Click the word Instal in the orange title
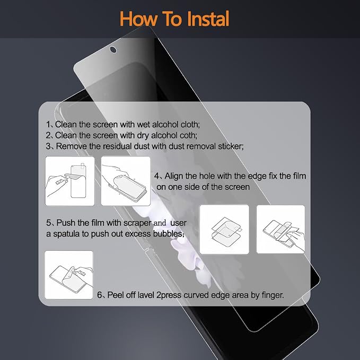[208, 19]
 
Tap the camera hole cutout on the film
[113, 50]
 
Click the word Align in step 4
[174, 176]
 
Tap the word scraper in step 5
[137, 223]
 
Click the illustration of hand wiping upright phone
[70, 181]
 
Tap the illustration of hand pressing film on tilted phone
[126, 181]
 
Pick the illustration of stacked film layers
[224, 230]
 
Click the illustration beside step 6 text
[69, 275]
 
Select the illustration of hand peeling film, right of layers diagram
[281, 230]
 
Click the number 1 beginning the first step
[48, 125]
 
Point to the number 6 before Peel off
[100, 295]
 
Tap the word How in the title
[139, 19]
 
